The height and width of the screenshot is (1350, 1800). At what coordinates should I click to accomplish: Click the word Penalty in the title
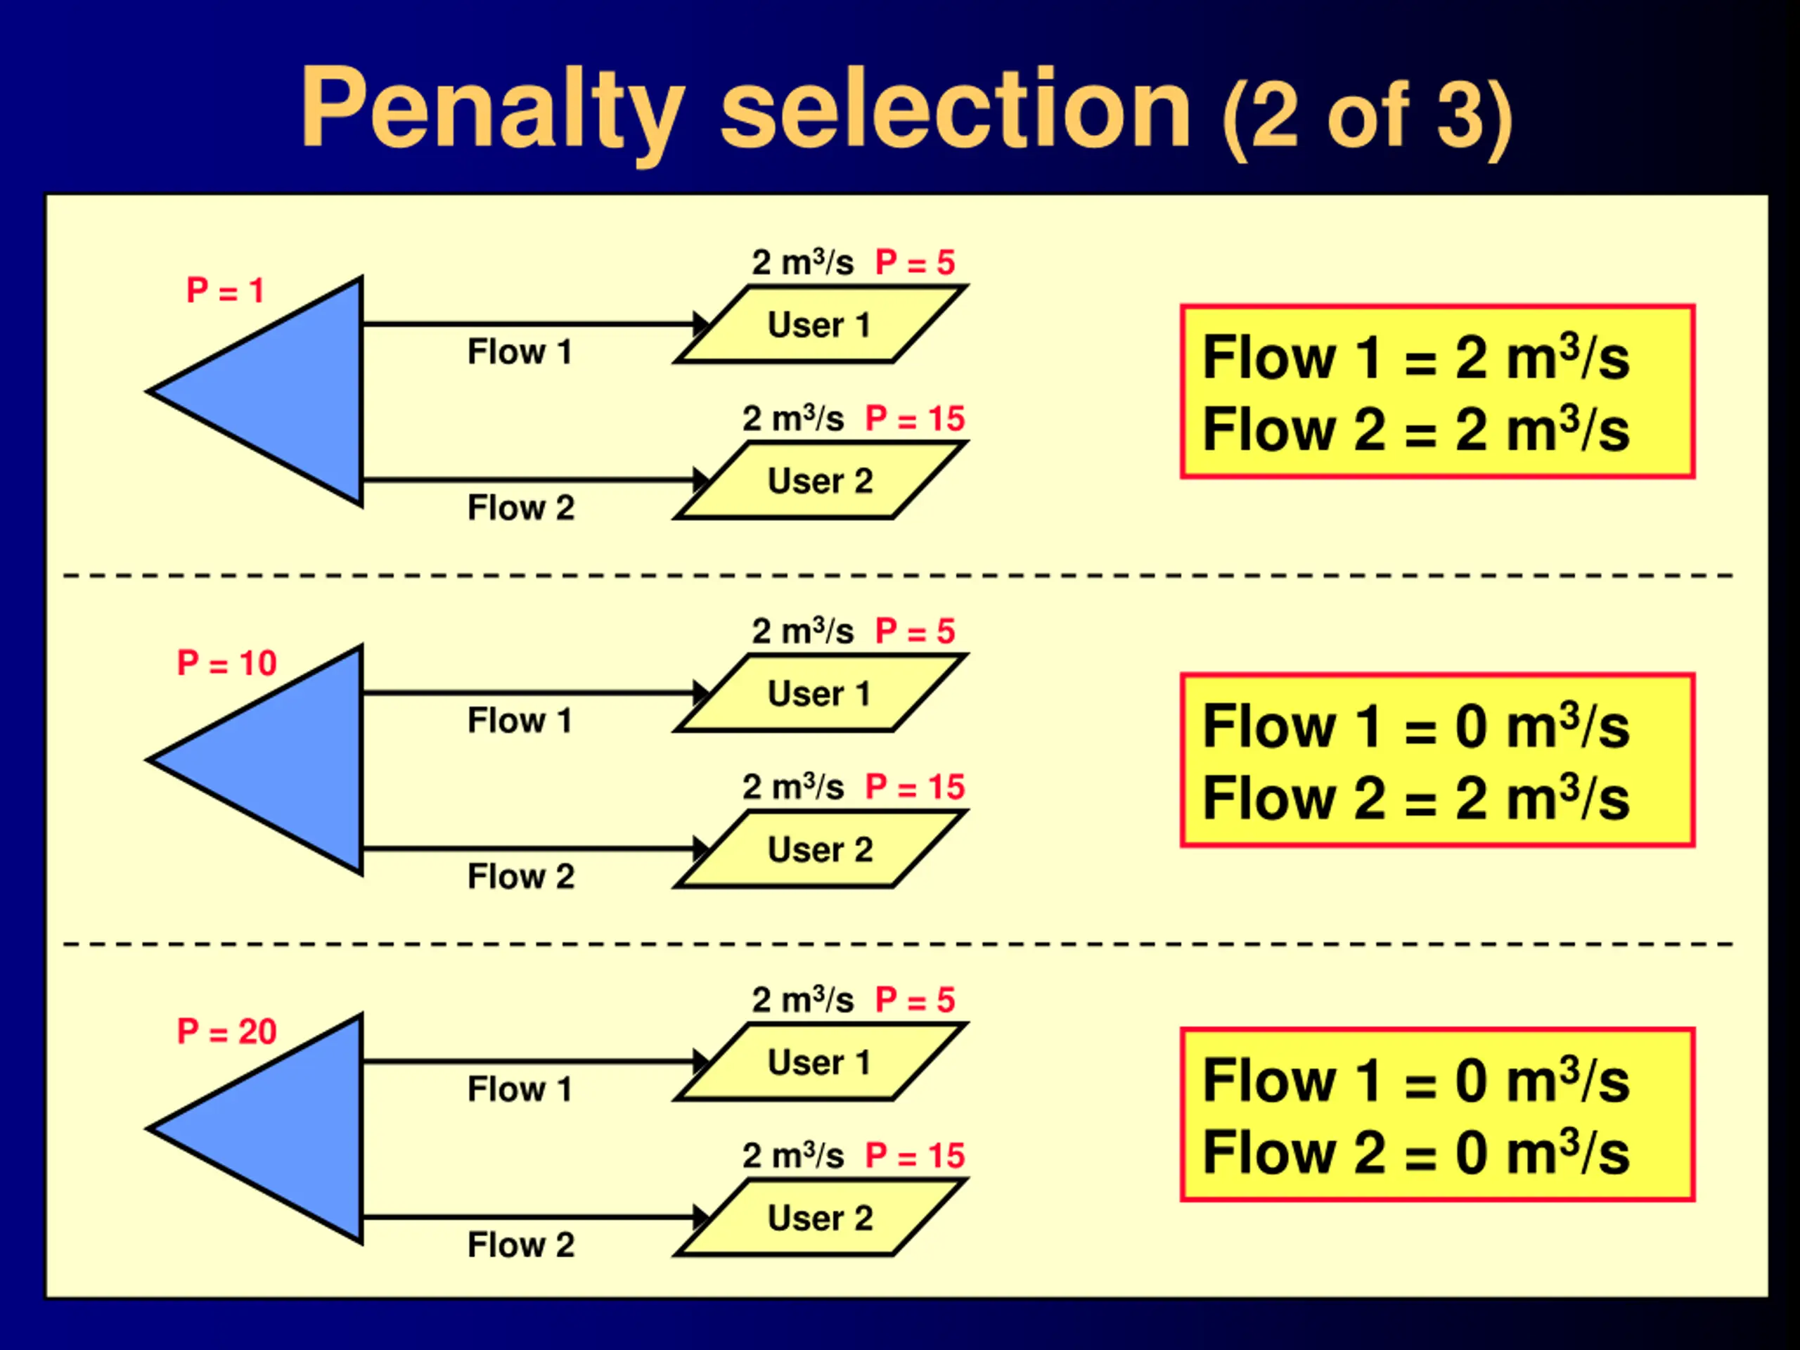point(491,110)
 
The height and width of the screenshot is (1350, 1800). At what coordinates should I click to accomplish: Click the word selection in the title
point(956,110)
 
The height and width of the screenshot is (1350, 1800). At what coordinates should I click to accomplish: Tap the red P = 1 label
point(226,291)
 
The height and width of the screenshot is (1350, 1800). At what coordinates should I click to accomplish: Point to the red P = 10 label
point(227,663)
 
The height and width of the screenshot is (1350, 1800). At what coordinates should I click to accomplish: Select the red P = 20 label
point(227,1031)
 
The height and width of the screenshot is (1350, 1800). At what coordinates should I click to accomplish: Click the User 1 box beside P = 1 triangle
point(821,325)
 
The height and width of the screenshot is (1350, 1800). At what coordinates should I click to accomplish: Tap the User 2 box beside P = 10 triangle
point(821,849)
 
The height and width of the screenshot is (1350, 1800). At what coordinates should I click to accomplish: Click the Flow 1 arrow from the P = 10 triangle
point(529,693)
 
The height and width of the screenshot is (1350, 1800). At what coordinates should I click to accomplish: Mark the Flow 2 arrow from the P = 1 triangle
point(529,480)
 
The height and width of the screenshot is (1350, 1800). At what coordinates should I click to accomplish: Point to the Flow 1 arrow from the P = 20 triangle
point(529,1062)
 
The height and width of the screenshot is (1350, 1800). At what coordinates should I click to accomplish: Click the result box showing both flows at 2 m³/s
point(1437,392)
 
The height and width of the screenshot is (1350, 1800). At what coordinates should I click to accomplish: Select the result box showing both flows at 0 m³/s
point(1437,1115)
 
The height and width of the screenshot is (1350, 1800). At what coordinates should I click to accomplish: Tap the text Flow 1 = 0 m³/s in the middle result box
point(1416,726)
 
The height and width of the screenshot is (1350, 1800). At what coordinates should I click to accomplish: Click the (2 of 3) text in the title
point(1367,118)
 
